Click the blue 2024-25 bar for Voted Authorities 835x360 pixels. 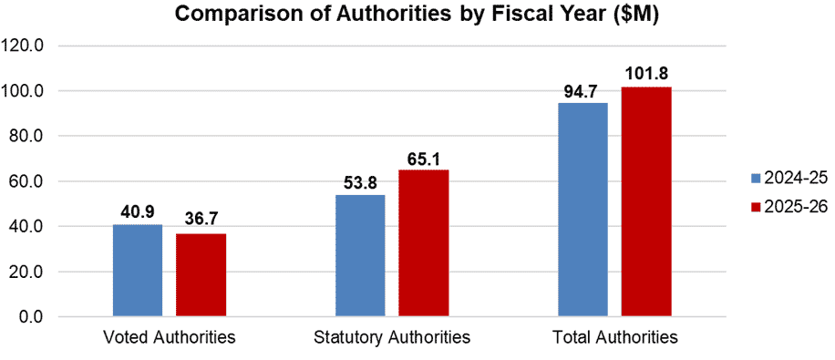tap(138, 271)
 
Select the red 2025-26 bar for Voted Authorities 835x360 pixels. tap(201, 275)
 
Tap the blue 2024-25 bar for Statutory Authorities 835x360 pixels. tap(360, 256)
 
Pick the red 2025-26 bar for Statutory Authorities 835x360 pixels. tap(423, 243)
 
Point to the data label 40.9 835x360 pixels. tap(138, 212)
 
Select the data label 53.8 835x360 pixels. tap(360, 183)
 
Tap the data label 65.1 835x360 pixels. tap(423, 158)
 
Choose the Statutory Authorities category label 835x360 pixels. tap(391, 338)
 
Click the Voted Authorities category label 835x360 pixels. tap(170, 338)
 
